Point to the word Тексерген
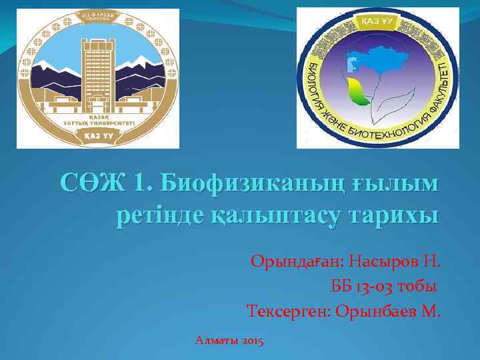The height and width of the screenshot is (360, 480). pos(288,311)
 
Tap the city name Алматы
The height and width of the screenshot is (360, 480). pos(217,341)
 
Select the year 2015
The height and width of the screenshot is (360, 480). pos(253,341)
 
